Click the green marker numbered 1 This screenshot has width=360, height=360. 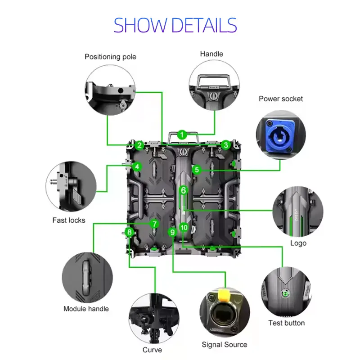coord(182,135)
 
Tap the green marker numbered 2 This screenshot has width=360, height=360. coord(139,145)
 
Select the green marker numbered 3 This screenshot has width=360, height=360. coord(226,145)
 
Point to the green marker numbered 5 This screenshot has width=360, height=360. coord(197,170)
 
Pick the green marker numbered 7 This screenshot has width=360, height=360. coord(154,224)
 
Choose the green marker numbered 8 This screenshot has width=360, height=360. coord(130,232)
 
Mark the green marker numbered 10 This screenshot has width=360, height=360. coord(184,228)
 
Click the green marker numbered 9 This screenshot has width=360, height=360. coord(173,232)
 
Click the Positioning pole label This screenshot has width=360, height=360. coord(110,57)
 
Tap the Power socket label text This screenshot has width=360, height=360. coord(281,99)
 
